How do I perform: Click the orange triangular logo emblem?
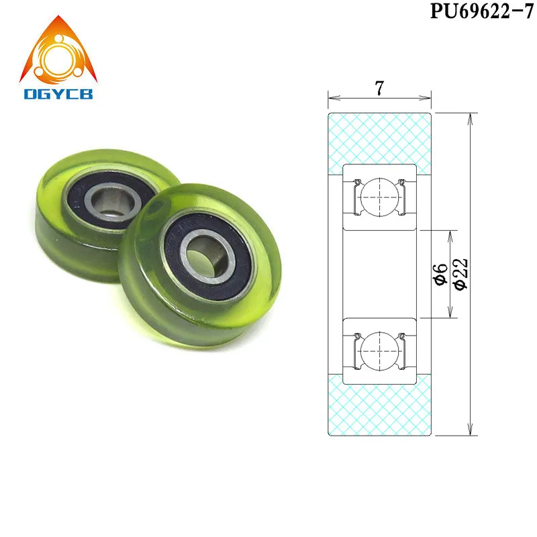(58, 51)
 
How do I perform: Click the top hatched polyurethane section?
(379, 138)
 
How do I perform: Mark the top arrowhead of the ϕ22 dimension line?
(471, 115)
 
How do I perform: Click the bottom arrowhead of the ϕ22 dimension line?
(471, 432)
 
